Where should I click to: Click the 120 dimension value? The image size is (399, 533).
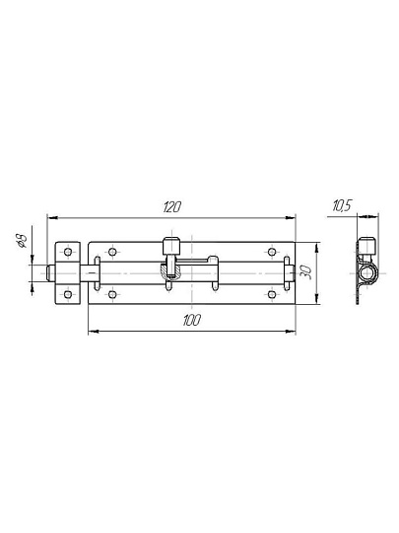(x=172, y=206)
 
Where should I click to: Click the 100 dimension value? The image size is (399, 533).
(x=192, y=320)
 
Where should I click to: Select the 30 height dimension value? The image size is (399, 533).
(x=305, y=272)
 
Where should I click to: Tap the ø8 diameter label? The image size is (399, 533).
(x=21, y=240)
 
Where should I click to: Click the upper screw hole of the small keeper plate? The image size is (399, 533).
(x=68, y=252)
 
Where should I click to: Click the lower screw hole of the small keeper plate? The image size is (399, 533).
(x=68, y=294)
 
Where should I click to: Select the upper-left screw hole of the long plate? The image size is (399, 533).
(x=112, y=252)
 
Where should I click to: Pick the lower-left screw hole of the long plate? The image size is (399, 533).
(x=112, y=294)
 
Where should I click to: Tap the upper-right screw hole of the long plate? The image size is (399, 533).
(x=272, y=252)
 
